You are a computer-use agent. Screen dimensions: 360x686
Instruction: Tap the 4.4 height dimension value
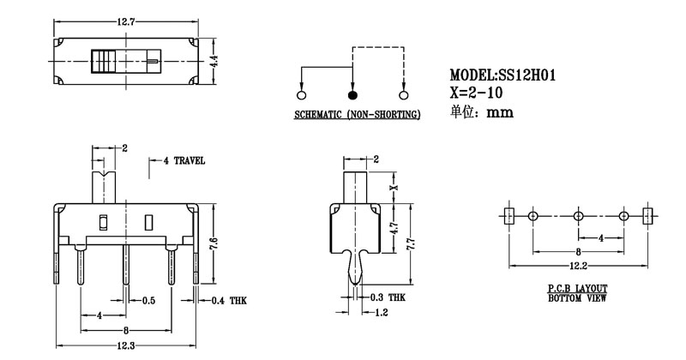coord(216,61)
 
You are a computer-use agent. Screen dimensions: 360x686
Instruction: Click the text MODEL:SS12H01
coord(502,76)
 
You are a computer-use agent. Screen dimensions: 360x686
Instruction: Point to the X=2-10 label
coord(478,93)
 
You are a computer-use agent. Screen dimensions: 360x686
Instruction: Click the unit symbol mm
coord(500,112)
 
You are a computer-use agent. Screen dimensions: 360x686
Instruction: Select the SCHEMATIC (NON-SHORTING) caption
coord(358,115)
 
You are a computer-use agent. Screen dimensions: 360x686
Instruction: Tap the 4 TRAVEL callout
coord(184,160)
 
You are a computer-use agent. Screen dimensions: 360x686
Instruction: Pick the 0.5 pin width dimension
coord(147,300)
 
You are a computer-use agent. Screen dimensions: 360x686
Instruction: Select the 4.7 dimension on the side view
coord(393,229)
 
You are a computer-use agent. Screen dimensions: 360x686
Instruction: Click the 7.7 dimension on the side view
coord(411,245)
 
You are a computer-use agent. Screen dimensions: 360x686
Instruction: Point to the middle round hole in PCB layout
coord(577,216)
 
